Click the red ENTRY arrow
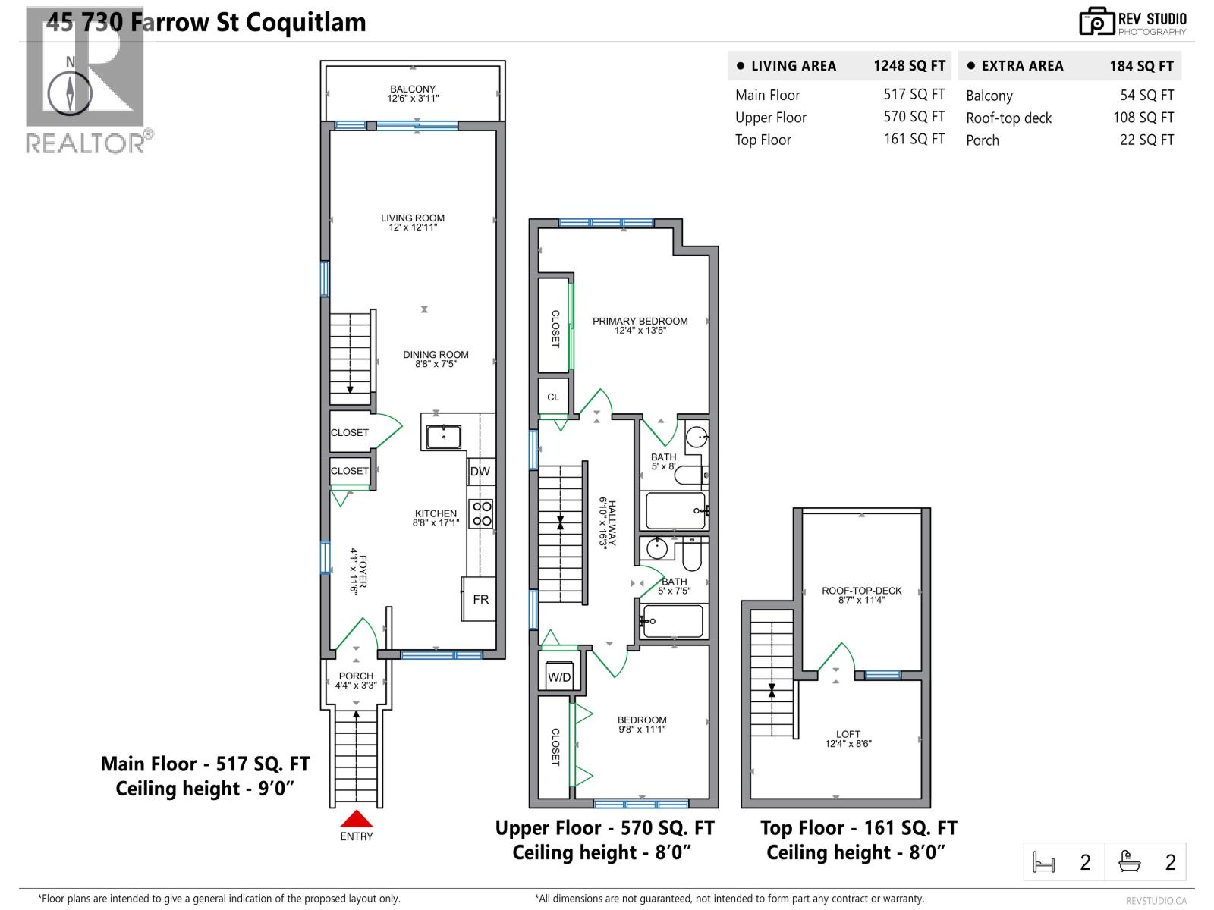pyautogui.click(x=356, y=819)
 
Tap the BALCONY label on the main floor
pyautogui.click(x=413, y=89)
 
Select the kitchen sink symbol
pyautogui.click(x=443, y=437)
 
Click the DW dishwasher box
pyautogui.click(x=480, y=471)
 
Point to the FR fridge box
pyautogui.click(x=480, y=599)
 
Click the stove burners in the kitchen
pyautogui.click(x=482, y=513)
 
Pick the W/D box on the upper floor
pyautogui.click(x=559, y=677)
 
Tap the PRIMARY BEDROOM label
pyautogui.click(x=640, y=321)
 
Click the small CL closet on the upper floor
pyautogui.click(x=553, y=397)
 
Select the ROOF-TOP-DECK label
pyautogui.click(x=861, y=591)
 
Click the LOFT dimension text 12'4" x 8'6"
pyautogui.click(x=848, y=744)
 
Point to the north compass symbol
pyautogui.click(x=70, y=94)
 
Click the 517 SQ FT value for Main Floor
pyautogui.click(x=914, y=95)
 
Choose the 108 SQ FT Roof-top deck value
pyautogui.click(x=1143, y=118)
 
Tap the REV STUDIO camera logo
pyautogui.click(x=1096, y=22)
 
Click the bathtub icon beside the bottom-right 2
pyautogui.click(x=1130, y=861)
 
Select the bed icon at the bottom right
pyautogui.click(x=1044, y=862)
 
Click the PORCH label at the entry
pyautogui.click(x=356, y=676)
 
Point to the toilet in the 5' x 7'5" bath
pyautogui.click(x=691, y=557)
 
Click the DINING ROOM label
pyautogui.click(x=436, y=354)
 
